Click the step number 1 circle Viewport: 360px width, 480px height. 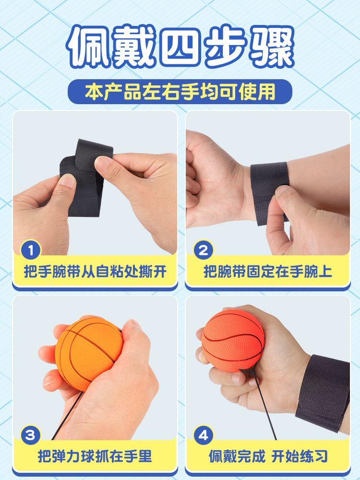click(x=31, y=250)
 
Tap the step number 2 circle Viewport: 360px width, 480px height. click(x=204, y=250)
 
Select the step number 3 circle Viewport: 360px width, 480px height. click(x=31, y=435)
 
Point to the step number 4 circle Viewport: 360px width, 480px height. click(x=204, y=435)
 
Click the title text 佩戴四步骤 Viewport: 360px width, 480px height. click(x=180, y=46)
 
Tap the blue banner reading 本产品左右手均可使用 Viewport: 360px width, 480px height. click(x=180, y=92)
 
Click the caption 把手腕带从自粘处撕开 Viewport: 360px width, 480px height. click(x=95, y=272)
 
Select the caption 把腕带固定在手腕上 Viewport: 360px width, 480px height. click(x=268, y=272)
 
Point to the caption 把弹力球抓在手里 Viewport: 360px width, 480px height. click(x=95, y=456)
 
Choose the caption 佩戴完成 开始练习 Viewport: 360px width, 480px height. click(x=268, y=456)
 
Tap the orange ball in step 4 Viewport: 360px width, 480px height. click(x=233, y=340)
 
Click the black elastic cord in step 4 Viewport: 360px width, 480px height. click(x=260, y=404)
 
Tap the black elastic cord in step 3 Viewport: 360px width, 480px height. click(x=67, y=415)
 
